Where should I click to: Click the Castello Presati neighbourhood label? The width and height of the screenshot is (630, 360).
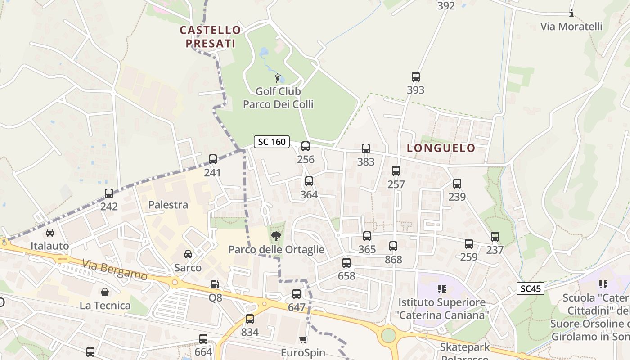pos(210,36)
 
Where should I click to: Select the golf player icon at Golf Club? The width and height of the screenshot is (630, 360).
pos(278,78)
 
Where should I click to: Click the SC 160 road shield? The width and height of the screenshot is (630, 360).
pos(271,142)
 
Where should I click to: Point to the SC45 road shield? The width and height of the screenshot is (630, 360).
pos(530,289)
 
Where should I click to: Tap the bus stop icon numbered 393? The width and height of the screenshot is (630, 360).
pos(415,77)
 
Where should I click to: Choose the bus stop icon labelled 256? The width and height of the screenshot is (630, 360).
pos(306,146)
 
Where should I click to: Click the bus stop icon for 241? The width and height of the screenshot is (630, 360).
pos(213,159)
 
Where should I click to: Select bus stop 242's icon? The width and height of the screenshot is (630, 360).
pos(109,193)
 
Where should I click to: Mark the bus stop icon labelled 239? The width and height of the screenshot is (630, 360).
pos(457,184)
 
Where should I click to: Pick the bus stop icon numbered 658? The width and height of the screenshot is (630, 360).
pos(346,263)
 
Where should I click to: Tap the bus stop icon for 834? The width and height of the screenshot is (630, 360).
pos(250,319)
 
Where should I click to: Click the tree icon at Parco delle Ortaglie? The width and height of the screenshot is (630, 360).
pos(276,236)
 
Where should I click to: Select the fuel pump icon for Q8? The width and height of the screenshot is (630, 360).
pos(215,284)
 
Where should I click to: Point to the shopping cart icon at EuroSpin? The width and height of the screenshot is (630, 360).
pos(303,339)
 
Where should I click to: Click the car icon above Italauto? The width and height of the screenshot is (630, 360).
pos(50,233)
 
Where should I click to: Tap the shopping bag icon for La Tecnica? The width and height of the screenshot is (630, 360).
pos(105,292)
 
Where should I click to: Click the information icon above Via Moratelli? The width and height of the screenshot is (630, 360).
pos(571,13)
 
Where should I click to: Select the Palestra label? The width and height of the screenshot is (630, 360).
pos(168,205)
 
